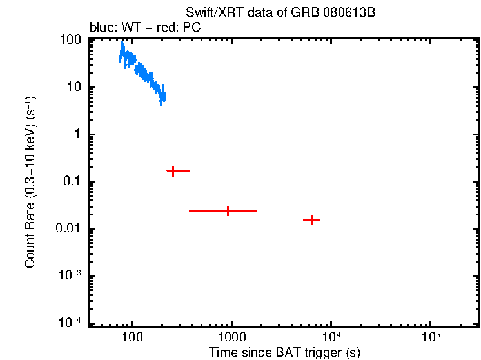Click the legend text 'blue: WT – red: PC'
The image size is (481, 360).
click(145, 28)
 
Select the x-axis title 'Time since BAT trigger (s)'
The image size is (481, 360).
click(284, 352)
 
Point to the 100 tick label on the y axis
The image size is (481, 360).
click(70, 40)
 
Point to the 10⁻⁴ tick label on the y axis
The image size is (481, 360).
click(70, 323)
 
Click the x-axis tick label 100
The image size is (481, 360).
click(132, 337)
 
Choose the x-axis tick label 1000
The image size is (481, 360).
click(231, 337)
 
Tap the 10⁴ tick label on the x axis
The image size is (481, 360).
click(331, 336)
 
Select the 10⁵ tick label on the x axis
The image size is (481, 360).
click(430, 336)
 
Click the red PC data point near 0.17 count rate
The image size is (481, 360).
click(173, 171)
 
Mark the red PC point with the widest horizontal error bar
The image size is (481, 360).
click(228, 210)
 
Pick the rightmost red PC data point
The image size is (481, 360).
click(312, 220)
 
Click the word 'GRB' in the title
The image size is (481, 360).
click(315, 14)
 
